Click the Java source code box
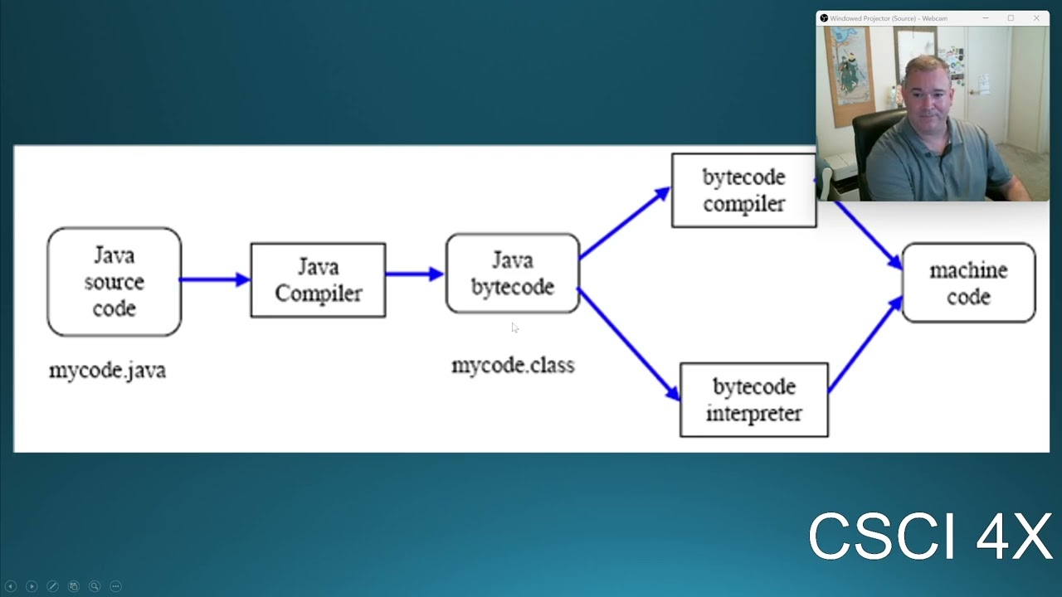pyautogui.click(x=114, y=282)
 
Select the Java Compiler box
pyautogui.click(x=318, y=280)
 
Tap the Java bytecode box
pyautogui.click(x=512, y=274)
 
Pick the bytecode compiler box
pyautogui.click(x=743, y=191)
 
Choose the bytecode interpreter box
pyautogui.click(x=753, y=400)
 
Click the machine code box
pyautogui.click(x=968, y=283)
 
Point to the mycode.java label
pyautogui.click(x=107, y=370)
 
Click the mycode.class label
pyautogui.click(x=512, y=365)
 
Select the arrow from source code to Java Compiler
pyautogui.click(x=215, y=279)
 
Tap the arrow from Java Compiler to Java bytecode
pyautogui.click(x=414, y=274)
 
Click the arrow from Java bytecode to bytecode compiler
pyautogui.click(x=624, y=223)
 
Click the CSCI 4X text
pyautogui.click(x=929, y=536)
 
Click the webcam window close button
pyautogui.click(x=1036, y=18)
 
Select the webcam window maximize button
pyautogui.click(x=1011, y=18)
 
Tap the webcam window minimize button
pyautogui.click(x=986, y=18)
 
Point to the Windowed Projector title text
pyautogui.click(x=888, y=18)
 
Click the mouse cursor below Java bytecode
pyautogui.click(x=514, y=328)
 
